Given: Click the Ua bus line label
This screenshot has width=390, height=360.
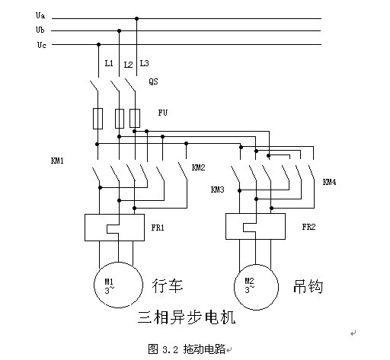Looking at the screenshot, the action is click(40, 15).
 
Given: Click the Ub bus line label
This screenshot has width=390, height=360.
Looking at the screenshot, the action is click(40, 30).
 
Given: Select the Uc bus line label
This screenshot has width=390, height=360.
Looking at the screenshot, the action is click(41, 45).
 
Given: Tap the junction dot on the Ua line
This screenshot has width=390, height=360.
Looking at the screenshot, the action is click(136, 18).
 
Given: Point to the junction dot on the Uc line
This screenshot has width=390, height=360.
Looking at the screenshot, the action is click(98, 45).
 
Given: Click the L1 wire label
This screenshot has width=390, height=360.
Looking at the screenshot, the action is click(109, 63).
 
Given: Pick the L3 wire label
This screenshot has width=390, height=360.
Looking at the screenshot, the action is click(144, 63).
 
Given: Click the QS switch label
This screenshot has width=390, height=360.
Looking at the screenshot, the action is click(153, 81).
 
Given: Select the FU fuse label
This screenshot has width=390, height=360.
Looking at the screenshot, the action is click(163, 113).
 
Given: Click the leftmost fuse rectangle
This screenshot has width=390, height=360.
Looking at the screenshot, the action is click(97, 119).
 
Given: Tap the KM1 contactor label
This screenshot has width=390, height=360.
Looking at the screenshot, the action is click(57, 161).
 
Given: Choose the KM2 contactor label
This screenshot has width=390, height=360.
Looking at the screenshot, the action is click(198, 167).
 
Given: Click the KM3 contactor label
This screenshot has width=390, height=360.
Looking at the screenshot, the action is click(217, 190).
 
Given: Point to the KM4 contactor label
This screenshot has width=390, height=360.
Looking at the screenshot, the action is click(329, 182).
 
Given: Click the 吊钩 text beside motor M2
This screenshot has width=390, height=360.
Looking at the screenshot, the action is click(308, 287).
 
